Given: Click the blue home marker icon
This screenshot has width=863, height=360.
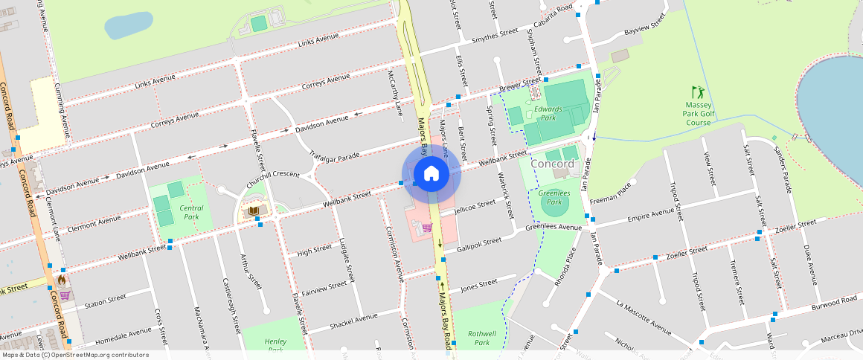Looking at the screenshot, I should tap(431, 174).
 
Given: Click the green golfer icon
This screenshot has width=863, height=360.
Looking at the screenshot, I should tap(698, 91).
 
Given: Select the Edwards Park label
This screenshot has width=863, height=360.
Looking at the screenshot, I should tap(548, 113).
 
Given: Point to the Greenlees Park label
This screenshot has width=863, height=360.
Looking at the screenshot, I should tap(554, 197).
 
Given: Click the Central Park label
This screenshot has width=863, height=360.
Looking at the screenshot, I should tap(191, 212).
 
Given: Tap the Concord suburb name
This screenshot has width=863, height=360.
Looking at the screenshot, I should tap(552, 163).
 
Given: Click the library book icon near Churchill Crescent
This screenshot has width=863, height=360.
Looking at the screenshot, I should tap(254, 211).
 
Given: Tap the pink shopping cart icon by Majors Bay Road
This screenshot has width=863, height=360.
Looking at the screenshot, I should tap(427, 228).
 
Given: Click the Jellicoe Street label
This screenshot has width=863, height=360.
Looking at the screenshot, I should tap(475, 205).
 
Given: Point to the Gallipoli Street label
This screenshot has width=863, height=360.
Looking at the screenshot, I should tap(481, 243).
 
